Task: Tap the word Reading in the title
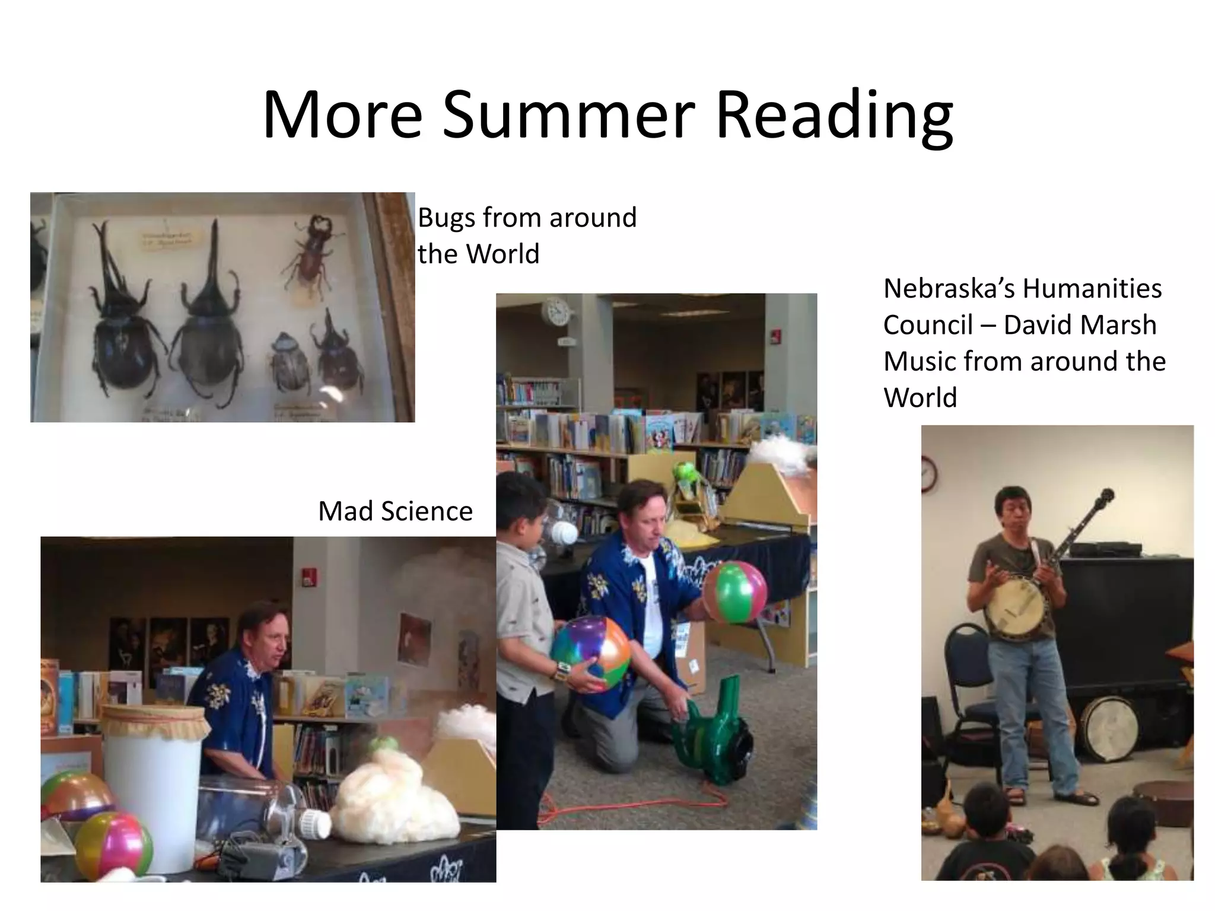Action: [834, 116]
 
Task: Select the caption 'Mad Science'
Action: [395, 511]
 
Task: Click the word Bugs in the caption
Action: [447, 218]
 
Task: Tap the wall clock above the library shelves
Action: [556, 311]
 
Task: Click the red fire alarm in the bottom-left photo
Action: [309, 576]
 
